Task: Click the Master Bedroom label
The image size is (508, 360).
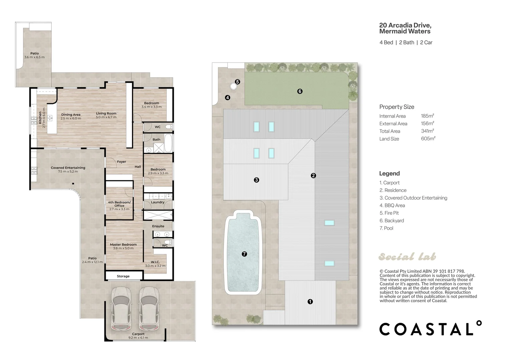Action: click(123, 245)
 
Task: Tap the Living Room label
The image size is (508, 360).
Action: click(106, 113)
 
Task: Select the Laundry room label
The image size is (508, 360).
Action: click(158, 202)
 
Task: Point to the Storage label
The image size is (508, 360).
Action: click(123, 276)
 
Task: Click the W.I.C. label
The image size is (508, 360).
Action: click(155, 262)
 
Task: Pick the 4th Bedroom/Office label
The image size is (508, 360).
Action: click(119, 204)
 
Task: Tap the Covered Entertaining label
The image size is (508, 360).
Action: click(68, 168)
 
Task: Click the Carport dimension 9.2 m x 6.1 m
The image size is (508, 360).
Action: click(138, 338)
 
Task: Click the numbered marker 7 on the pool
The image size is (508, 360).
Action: click(244, 254)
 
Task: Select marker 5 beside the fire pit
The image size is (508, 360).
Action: click(237, 82)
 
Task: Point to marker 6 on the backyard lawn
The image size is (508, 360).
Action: click(300, 91)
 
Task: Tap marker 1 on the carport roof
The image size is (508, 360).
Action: click(310, 302)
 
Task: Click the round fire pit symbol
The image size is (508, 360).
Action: click(233, 86)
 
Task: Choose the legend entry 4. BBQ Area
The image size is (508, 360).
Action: click(392, 205)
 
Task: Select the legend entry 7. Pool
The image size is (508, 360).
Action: click(387, 228)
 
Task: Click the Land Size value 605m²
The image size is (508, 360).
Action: click(428, 139)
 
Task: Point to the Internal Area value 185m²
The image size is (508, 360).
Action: click(428, 116)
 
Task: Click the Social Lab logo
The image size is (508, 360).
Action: click(407, 257)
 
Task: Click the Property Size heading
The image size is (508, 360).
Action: click(397, 107)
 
